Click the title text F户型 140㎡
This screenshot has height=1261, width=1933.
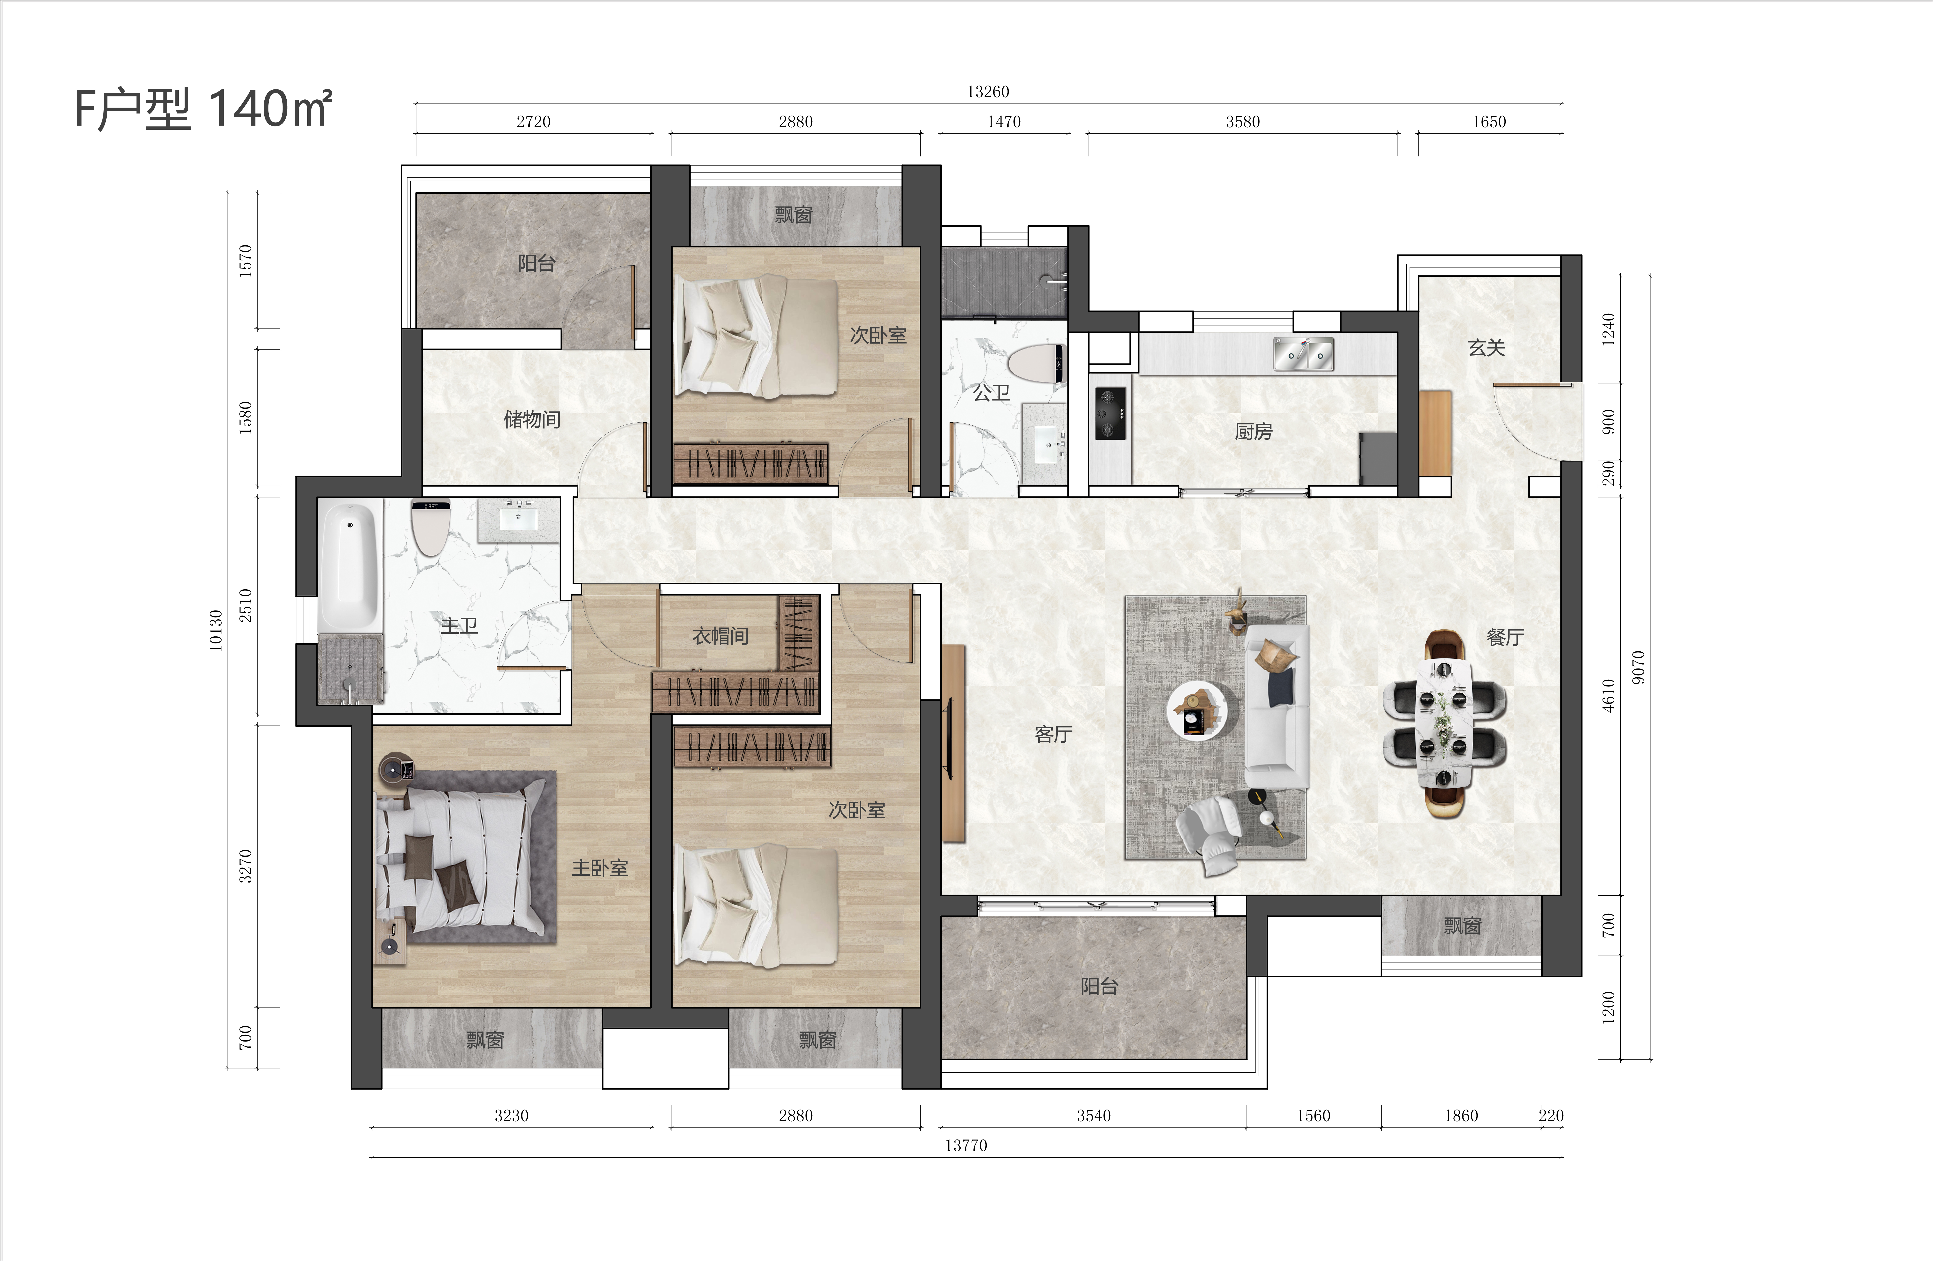point(203,109)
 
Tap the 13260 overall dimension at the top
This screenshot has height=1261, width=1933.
point(988,92)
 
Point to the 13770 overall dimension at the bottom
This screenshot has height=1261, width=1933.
point(966,1146)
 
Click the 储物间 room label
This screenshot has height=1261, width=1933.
point(532,419)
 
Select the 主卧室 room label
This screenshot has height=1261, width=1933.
point(599,868)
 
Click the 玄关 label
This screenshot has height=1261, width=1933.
point(1486,348)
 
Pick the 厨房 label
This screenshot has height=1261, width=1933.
point(1253,431)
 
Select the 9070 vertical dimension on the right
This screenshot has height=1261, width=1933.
point(1638,667)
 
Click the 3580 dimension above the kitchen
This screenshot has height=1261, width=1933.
point(1243,122)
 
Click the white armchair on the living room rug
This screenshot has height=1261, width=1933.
point(1208,834)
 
